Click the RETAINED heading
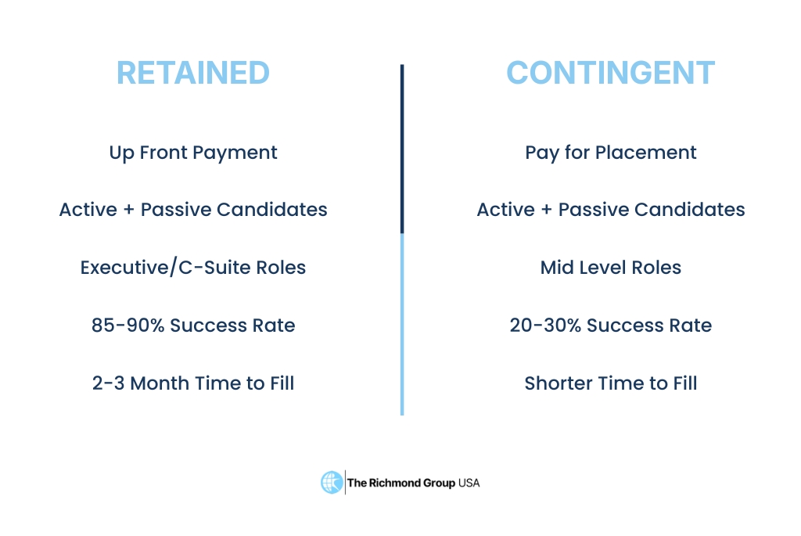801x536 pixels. pyautogui.click(x=193, y=73)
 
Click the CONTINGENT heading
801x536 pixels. pyautogui.click(x=610, y=73)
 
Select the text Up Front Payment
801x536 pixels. pyautogui.click(x=193, y=153)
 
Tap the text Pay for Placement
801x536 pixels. pyautogui.click(x=610, y=153)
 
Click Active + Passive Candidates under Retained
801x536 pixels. pyautogui.click(x=193, y=210)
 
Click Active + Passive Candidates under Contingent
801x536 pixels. pyautogui.click(x=610, y=210)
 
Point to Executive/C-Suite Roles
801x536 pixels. pyautogui.click(x=193, y=268)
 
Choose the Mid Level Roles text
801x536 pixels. pyautogui.click(x=610, y=268)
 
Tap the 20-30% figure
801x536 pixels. pyautogui.click(x=544, y=326)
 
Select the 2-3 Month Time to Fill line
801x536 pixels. pyautogui.click(x=193, y=383)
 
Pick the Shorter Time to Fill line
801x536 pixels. pyautogui.click(x=610, y=383)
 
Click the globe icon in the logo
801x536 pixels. pyautogui.click(x=332, y=482)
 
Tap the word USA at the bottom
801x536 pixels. pyautogui.click(x=469, y=483)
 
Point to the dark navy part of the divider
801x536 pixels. pyautogui.click(x=402, y=149)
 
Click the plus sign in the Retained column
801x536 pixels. pyautogui.click(x=130, y=210)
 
